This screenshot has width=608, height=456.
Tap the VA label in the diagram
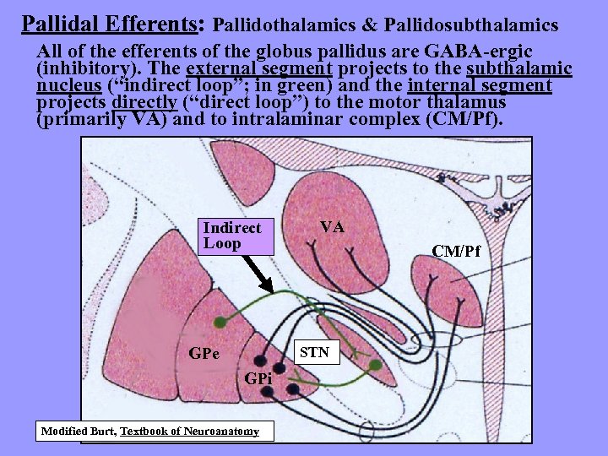332,227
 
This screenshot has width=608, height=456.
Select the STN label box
314,352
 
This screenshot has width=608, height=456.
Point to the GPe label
204,353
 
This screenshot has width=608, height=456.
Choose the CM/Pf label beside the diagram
456,251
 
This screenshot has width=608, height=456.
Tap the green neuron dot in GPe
220,322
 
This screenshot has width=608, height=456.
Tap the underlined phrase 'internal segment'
479,85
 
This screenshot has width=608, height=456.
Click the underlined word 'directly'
145,102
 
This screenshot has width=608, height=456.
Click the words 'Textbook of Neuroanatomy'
190,432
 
